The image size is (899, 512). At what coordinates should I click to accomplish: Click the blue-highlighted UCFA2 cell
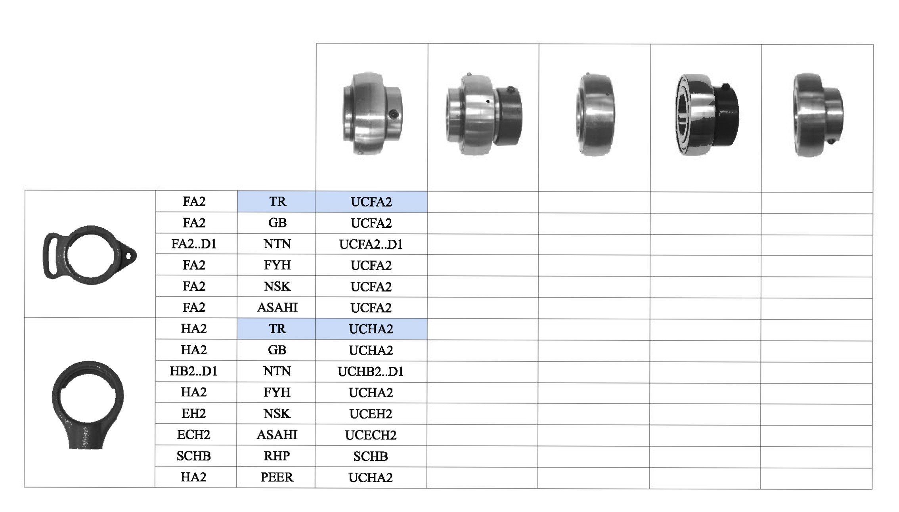(x=371, y=202)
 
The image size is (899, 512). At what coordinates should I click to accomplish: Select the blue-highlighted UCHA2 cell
(x=371, y=329)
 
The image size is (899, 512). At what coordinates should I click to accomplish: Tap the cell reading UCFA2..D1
(x=371, y=244)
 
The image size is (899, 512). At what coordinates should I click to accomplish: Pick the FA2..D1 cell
(x=194, y=244)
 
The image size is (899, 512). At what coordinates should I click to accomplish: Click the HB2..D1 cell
(x=194, y=371)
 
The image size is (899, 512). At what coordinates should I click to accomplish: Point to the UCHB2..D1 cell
(x=371, y=371)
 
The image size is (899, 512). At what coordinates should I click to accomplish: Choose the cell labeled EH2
(x=194, y=413)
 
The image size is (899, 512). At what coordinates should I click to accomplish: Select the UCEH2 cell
(x=371, y=414)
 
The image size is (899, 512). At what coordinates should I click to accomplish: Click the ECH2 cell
(x=193, y=435)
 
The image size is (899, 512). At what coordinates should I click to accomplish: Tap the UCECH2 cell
(x=371, y=435)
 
